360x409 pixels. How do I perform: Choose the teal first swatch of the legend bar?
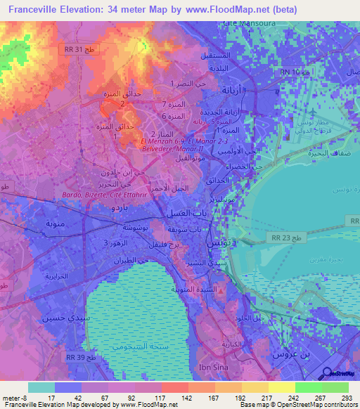[x=41, y=387]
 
